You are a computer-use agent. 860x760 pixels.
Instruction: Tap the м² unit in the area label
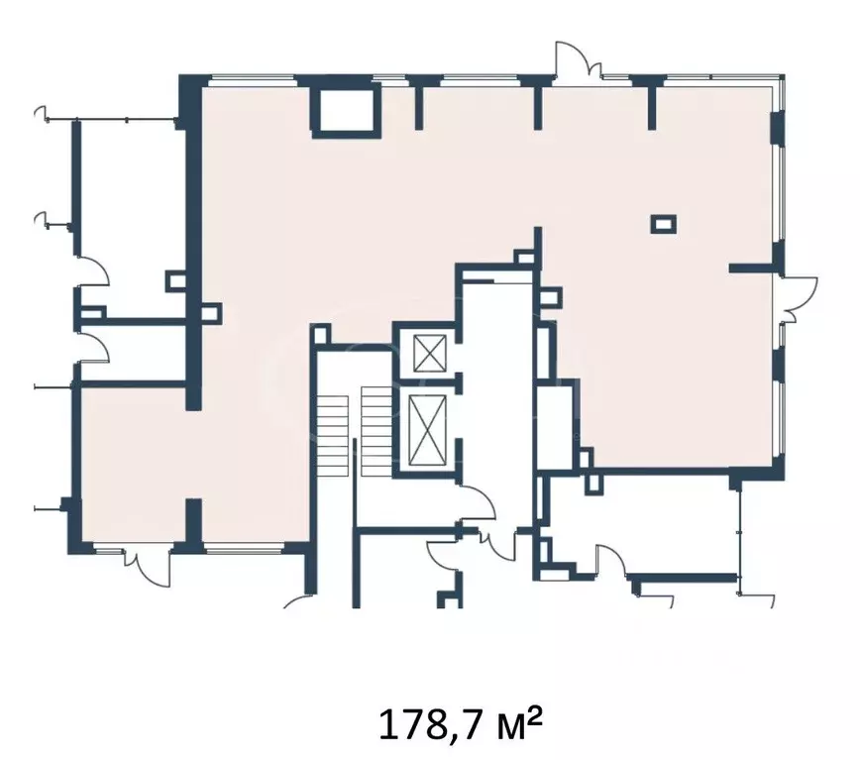(x=518, y=722)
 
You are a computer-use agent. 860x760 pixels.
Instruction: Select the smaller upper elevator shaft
(x=429, y=354)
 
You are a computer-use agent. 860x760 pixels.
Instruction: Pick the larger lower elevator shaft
(x=428, y=429)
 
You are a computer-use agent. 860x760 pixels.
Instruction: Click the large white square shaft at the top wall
(x=346, y=110)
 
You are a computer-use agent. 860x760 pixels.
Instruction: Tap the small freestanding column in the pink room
(x=663, y=224)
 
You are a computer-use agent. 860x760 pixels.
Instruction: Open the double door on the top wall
(x=578, y=62)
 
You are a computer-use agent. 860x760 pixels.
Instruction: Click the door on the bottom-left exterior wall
(x=147, y=567)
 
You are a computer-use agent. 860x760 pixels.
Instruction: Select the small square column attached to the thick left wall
(x=211, y=314)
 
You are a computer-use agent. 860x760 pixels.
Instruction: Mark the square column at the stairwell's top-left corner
(x=320, y=334)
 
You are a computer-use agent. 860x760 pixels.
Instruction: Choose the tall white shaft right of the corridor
(x=558, y=424)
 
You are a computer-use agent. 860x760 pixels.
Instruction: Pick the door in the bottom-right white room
(x=611, y=560)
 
